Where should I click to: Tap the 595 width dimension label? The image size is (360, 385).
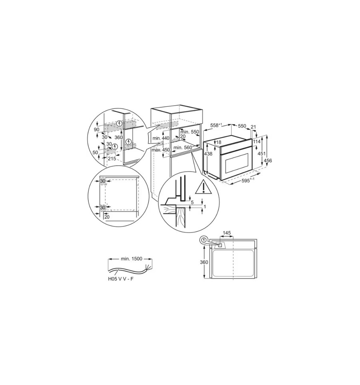(248, 180)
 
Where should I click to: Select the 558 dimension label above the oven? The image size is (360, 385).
(216, 125)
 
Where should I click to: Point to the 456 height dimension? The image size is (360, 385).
(268, 160)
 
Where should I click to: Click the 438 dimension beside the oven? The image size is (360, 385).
(208, 154)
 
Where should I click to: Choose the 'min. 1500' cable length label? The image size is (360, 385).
(131, 259)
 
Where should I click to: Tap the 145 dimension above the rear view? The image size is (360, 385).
(227, 233)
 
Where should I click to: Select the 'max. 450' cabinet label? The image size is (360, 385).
(160, 150)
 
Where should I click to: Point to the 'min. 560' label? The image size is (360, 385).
(183, 148)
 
